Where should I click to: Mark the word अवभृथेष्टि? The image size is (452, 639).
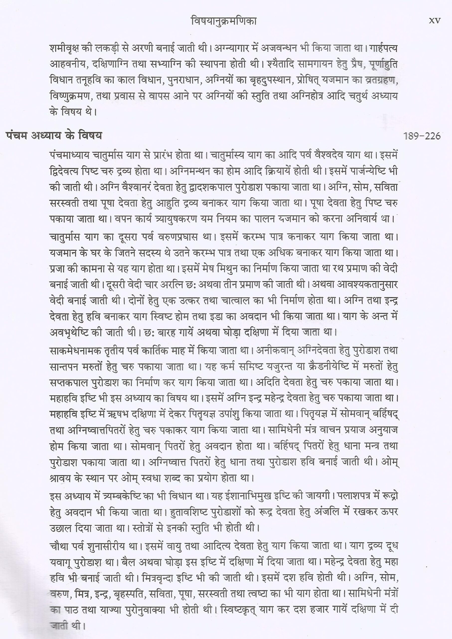[x=75, y=333]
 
